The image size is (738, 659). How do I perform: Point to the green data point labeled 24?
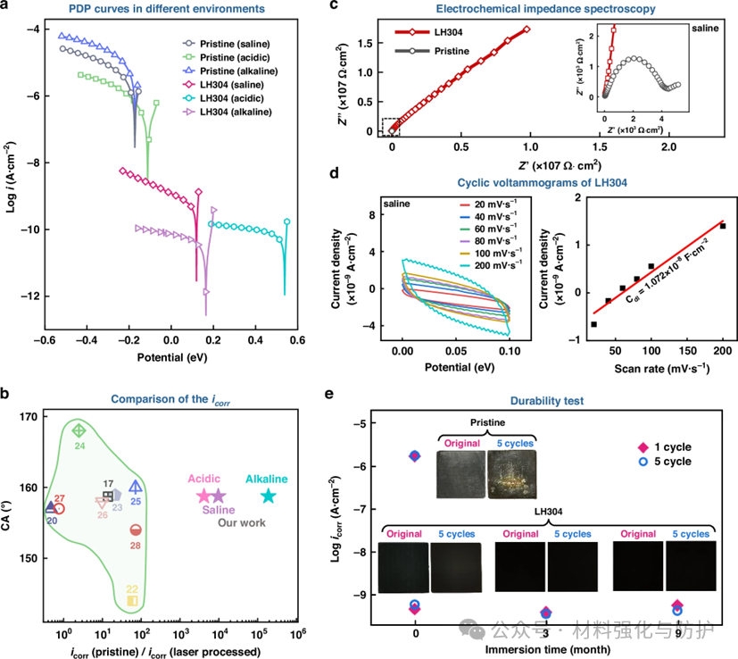78,430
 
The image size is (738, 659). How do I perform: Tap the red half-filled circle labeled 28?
136,530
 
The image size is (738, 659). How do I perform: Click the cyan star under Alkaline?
268,496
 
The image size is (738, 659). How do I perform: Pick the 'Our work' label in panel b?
242,522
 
